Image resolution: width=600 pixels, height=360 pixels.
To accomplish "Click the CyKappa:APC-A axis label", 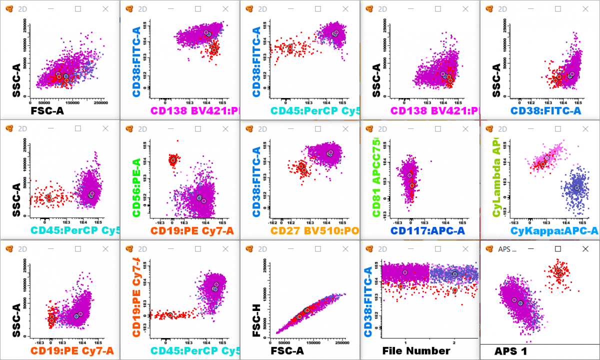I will click(554, 230).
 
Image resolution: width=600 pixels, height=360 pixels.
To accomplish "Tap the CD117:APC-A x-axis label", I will click(427, 230).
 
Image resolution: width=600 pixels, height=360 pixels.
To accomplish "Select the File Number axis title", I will click(416, 351).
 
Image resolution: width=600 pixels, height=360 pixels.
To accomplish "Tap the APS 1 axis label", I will click(511, 351).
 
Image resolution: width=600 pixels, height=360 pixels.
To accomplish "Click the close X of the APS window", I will click(585, 248).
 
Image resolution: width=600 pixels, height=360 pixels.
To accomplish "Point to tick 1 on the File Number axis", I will click(405, 342).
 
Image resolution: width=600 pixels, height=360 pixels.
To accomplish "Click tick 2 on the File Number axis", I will click(454, 342).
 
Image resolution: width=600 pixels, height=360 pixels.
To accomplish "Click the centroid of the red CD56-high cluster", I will click(173, 160).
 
